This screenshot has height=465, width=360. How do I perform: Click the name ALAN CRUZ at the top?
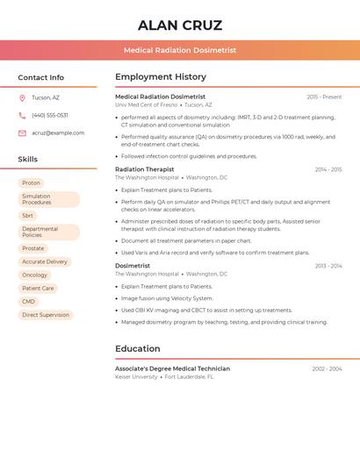[180, 25]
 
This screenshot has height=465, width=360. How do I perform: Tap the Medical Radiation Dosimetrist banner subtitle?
[180, 50]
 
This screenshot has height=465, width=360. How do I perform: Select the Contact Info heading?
[40, 77]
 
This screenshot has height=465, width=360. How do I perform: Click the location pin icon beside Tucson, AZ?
[22, 97]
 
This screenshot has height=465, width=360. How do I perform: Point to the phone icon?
[22, 115]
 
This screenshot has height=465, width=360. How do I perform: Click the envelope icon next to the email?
[22, 133]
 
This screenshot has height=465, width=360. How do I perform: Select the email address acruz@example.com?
[58, 133]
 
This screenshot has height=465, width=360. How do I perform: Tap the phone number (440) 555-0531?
[50, 115]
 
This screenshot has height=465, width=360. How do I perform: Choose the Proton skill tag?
[32, 182]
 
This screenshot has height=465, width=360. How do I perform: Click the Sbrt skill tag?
[28, 215]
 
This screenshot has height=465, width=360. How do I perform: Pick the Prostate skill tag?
[33, 248]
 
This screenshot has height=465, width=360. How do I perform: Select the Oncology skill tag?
[35, 275]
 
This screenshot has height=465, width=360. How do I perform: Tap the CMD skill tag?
[29, 301]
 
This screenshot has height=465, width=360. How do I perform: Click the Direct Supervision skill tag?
[46, 314]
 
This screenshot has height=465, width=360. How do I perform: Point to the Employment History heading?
[161, 77]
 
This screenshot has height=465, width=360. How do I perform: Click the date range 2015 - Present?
[324, 97]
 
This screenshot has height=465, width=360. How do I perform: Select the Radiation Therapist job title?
[145, 169]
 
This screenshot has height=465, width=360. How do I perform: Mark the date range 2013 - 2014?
[328, 266]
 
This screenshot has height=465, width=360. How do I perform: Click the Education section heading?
[138, 348]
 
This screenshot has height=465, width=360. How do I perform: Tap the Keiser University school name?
[137, 376]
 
